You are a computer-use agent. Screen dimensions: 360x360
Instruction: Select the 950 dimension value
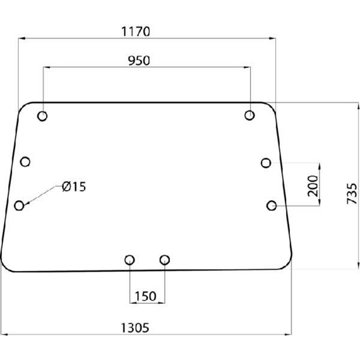coord(139,61)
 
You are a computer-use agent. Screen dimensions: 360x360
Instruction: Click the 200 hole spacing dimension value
coord(311,186)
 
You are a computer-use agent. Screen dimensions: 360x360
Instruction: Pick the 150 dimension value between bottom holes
coord(146,296)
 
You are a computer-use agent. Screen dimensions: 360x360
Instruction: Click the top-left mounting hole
coord(43,116)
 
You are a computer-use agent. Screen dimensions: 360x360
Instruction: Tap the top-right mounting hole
coord(250,115)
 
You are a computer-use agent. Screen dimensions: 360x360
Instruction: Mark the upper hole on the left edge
coord(25,161)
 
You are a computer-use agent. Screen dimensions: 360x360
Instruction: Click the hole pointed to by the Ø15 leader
coord(19,206)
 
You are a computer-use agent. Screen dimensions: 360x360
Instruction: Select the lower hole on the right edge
coord(272,206)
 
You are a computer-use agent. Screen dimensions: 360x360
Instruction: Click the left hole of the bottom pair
coord(129,260)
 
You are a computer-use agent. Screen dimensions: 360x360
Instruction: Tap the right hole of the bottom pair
coord(165,260)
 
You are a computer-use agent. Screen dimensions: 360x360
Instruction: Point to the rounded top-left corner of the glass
coord(24,107)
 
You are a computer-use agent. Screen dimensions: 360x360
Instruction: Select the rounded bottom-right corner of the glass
coord(287,265)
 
